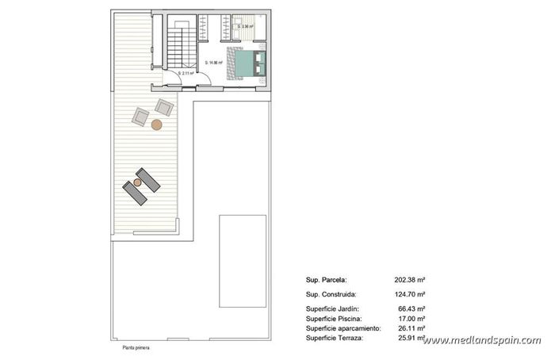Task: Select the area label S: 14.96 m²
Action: pyautogui.click(x=216, y=63)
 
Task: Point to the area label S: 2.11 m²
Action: pyautogui.click(x=186, y=74)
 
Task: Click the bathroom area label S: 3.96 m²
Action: pyautogui.click(x=246, y=26)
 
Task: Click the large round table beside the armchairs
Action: pyautogui.click(x=158, y=124)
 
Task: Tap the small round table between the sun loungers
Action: pyautogui.click(x=137, y=182)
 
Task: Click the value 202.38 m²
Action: pyautogui.click(x=410, y=279)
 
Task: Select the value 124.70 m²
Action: pyautogui.click(x=410, y=293)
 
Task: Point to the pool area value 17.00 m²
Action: pyautogui.click(x=412, y=318)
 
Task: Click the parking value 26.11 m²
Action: pyautogui.click(x=412, y=328)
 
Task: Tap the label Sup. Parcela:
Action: pyautogui.click(x=326, y=279)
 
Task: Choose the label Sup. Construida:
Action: pyautogui.click(x=331, y=293)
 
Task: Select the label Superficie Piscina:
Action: pyautogui.click(x=334, y=318)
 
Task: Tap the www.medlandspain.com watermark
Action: pyautogui.click(x=482, y=341)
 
